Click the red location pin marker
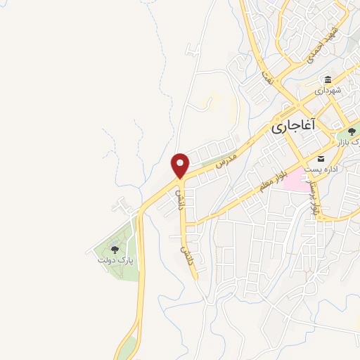point(181,165)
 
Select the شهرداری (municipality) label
point(328,91)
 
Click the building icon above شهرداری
point(328,79)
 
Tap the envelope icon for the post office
point(321,158)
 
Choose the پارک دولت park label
point(115,260)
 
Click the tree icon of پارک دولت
point(115,249)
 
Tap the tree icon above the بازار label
point(352,131)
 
